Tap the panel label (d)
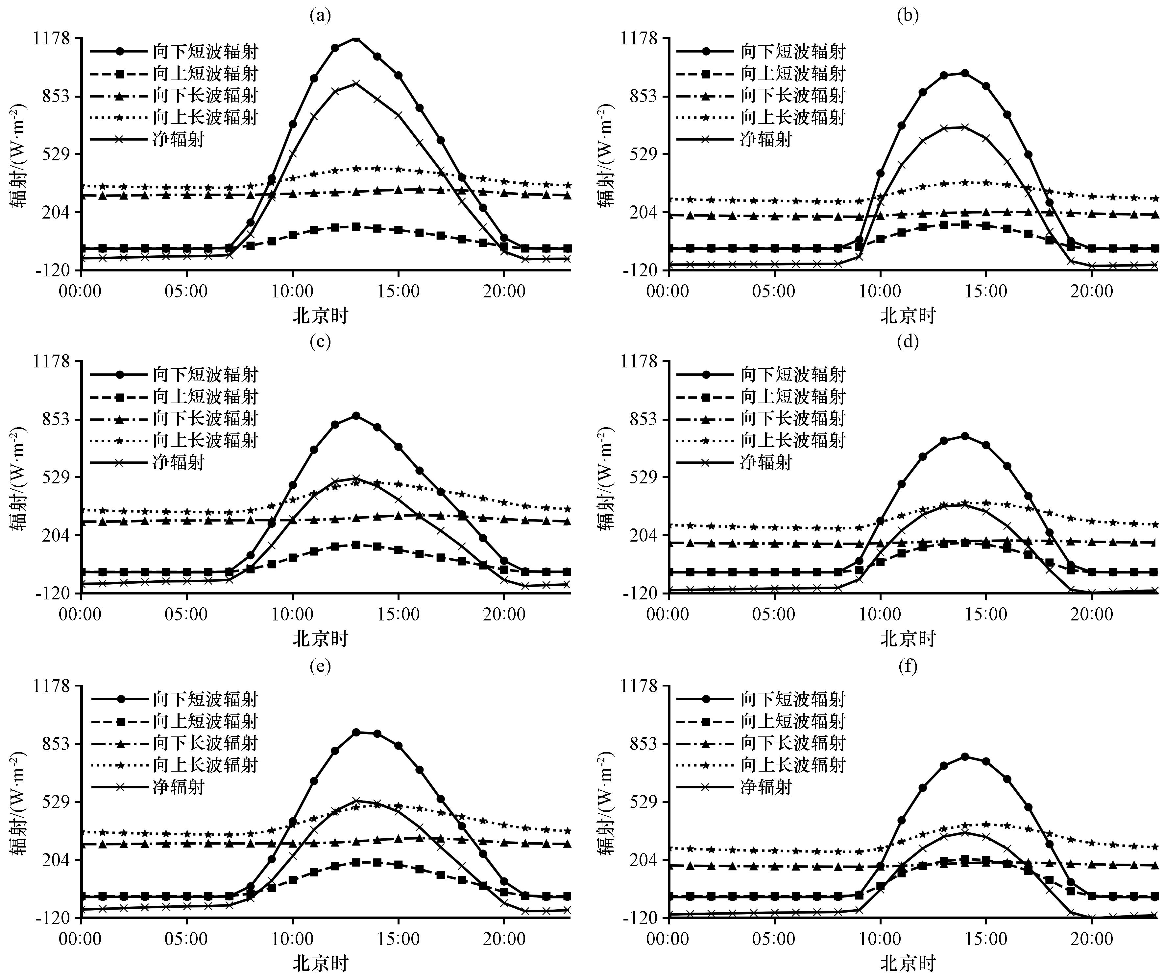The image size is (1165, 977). coord(908,340)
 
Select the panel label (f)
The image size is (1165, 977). coord(908,665)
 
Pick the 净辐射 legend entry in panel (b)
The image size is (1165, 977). coord(765,139)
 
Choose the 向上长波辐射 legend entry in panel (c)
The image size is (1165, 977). coord(205,440)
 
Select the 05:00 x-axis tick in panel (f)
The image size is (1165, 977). coord(774,939)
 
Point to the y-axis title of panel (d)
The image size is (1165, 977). coord(606,477)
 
